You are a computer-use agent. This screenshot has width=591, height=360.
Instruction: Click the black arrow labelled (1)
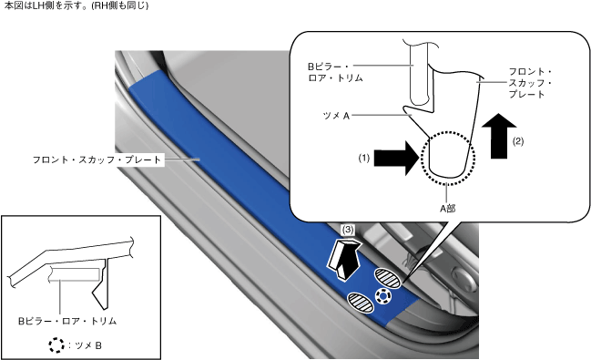click(396, 159)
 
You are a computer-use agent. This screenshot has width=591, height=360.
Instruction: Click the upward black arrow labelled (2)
click(499, 136)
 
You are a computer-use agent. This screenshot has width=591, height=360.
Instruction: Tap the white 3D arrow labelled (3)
click(343, 261)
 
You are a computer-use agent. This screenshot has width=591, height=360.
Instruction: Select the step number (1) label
click(363, 159)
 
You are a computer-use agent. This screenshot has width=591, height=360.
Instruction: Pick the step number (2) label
click(518, 141)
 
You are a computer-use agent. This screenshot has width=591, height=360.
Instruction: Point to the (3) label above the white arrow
click(348, 230)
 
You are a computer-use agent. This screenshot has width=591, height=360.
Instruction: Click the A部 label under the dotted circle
click(447, 209)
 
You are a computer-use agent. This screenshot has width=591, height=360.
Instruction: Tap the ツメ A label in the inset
click(336, 116)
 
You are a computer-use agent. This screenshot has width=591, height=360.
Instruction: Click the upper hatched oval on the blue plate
click(387, 279)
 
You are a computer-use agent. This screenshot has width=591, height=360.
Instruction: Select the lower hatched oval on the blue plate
click(361, 303)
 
